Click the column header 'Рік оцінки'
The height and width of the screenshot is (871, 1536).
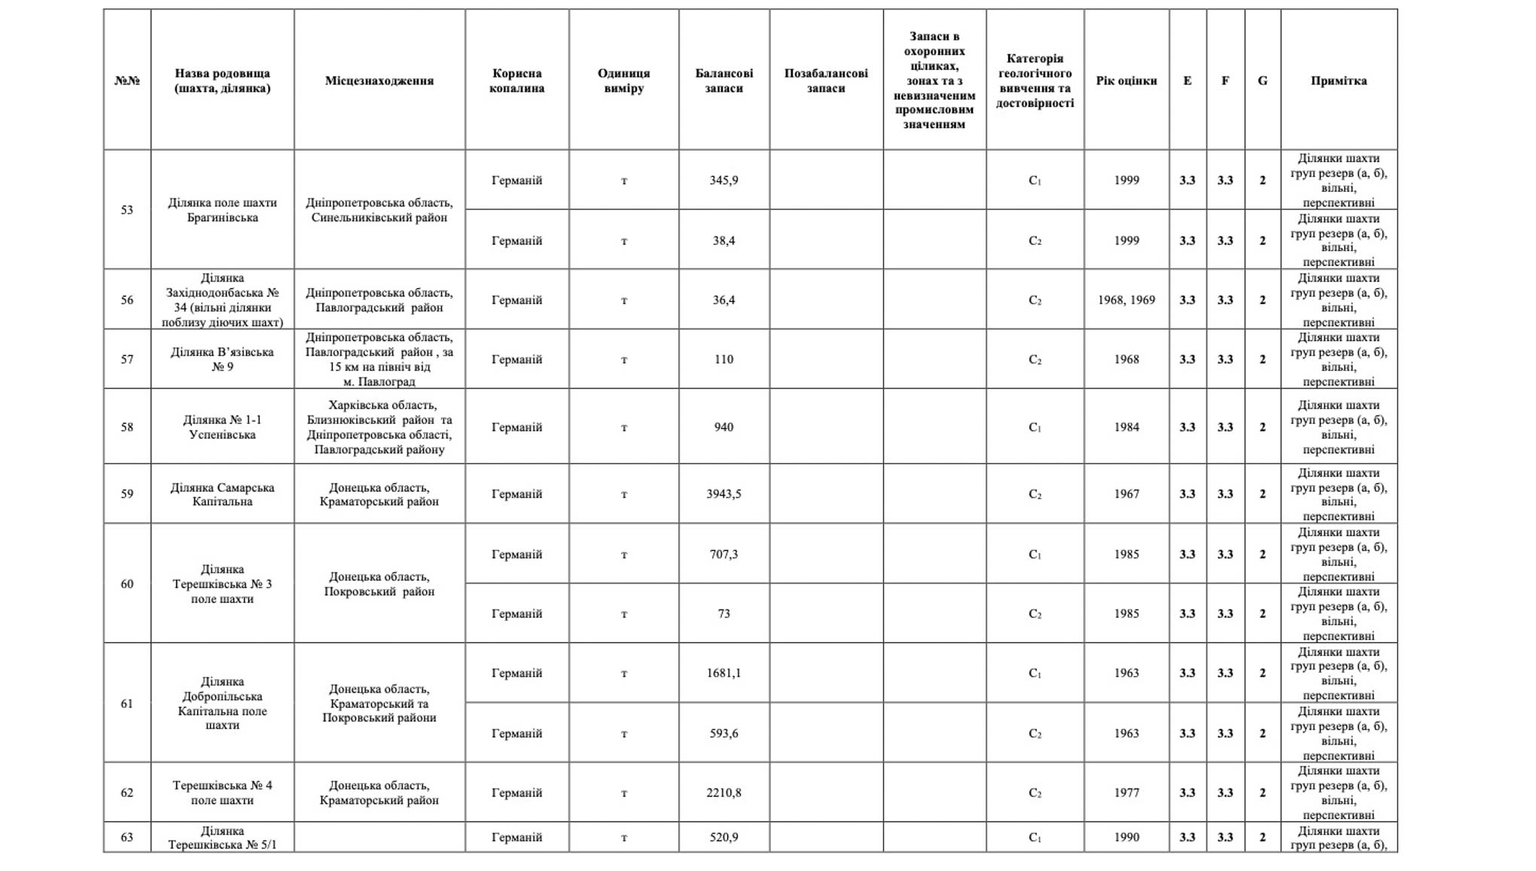click(1126, 81)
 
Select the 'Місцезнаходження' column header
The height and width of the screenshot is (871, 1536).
click(379, 81)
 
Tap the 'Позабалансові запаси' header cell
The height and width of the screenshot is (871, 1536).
click(825, 81)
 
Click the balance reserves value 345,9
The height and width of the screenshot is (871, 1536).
click(723, 180)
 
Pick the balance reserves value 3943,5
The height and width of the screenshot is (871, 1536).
click(723, 494)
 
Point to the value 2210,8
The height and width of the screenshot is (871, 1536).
click(723, 793)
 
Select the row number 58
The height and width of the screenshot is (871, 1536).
click(126, 427)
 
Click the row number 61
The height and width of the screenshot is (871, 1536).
click(126, 703)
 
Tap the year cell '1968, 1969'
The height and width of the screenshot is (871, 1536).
click(1126, 300)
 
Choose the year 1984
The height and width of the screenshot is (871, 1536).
click(1126, 427)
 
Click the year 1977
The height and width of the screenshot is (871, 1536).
click(1126, 793)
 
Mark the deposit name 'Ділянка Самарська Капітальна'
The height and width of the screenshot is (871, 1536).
click(222, 495)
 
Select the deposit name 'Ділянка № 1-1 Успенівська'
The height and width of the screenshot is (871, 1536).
click(222, 427)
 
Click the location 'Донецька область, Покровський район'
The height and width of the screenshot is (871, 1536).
click(379, 584)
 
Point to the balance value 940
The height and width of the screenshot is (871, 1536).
click(723, 427)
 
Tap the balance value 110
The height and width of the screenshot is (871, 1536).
click(723, 359)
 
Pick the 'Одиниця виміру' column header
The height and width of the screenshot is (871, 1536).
click(623, 81)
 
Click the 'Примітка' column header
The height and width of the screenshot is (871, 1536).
click(1338, 81)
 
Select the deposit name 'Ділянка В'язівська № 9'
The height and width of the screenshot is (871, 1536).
click(222, 359)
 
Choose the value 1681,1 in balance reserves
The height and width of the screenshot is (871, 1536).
click(723, 673)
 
